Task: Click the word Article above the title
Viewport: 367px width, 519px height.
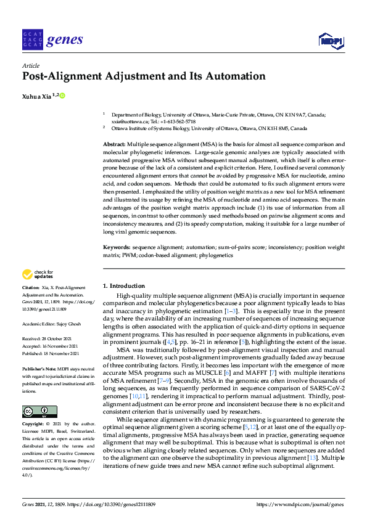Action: click(31, 65)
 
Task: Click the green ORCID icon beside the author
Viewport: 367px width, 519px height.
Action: click(62, 96)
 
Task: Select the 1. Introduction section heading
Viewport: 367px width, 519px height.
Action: click(123, 286)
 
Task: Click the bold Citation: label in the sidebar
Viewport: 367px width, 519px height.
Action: click(31, 288)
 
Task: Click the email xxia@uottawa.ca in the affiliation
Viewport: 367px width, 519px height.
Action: click(126, 121)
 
